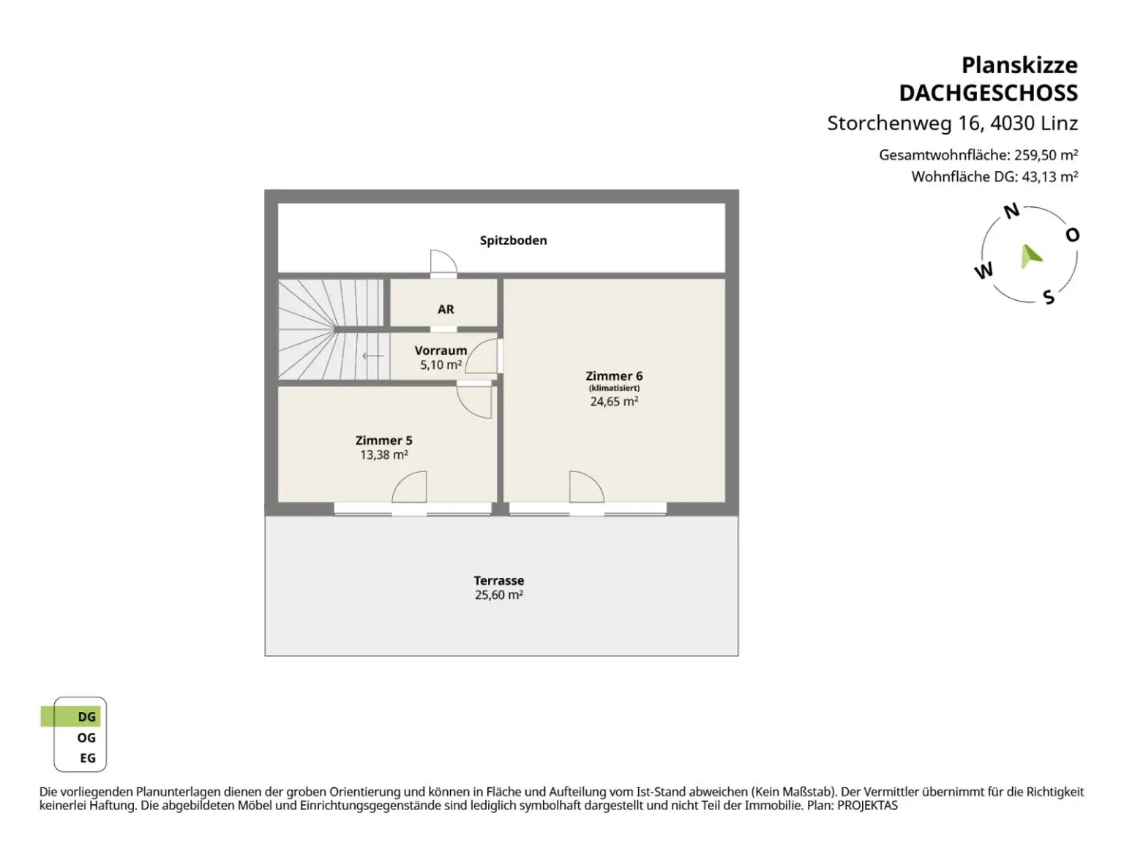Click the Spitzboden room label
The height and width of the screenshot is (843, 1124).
513,241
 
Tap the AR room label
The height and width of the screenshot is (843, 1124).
446,309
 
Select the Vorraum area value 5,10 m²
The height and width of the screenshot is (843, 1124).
441,365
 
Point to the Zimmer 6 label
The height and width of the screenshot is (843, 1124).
613,375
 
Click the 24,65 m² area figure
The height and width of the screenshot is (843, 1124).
614,401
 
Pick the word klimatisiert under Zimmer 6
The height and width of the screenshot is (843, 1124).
614,388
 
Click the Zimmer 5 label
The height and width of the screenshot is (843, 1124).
383,441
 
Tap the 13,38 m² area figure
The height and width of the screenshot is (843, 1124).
384,454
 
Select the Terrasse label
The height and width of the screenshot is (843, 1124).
499,580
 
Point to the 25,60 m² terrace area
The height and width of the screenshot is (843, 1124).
499,595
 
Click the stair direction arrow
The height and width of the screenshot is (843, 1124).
372,356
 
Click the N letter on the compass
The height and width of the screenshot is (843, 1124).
1011,211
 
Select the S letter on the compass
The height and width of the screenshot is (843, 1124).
1049,297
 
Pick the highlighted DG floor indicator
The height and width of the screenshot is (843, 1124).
71,716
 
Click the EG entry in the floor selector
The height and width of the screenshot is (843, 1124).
88,758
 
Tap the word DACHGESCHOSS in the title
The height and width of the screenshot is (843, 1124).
989,93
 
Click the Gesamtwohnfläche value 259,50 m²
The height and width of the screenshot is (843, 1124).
1046,154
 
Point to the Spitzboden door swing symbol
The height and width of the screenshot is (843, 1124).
443,261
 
